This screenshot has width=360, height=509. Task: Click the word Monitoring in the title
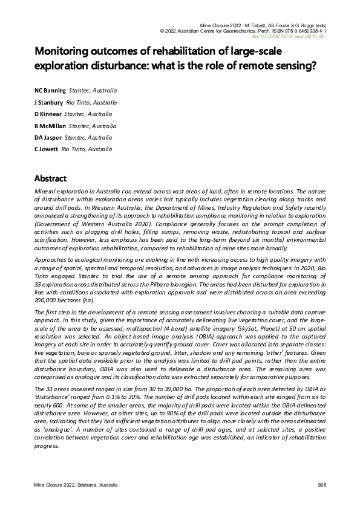(x=64, y=51)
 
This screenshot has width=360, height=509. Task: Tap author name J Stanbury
(x=48, y=102)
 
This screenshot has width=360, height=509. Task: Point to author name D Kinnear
(x=47, y=114)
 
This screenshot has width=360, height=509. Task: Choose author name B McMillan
(x=50, y=126)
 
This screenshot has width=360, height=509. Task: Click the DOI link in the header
(x=296, y=36)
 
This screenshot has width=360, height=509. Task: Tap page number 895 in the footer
(x=322, y=485)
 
